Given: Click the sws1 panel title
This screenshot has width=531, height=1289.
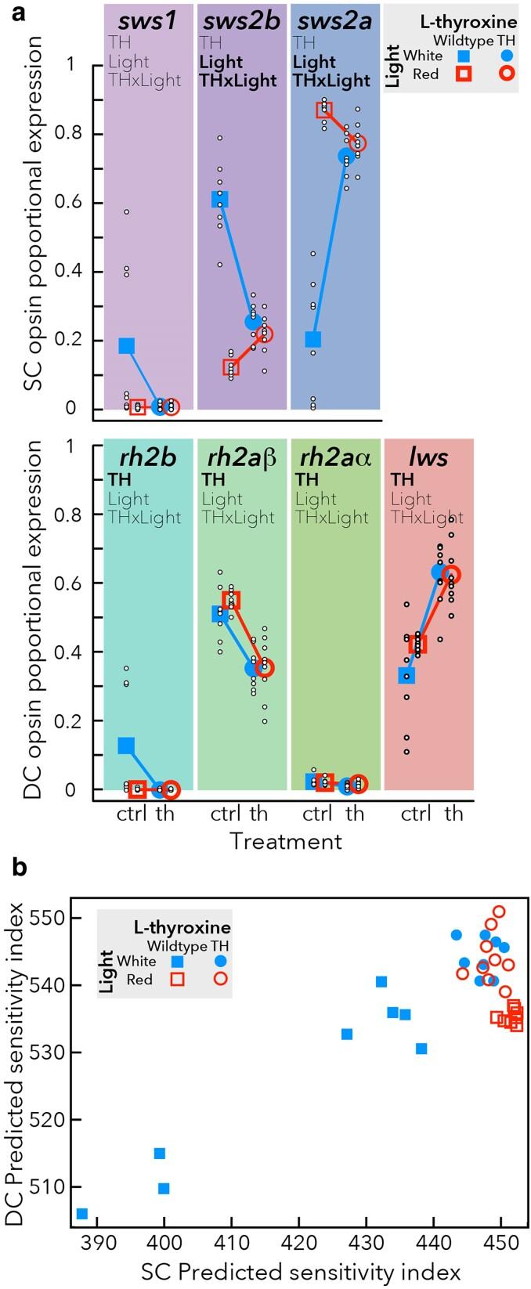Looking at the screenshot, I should pos(148,20).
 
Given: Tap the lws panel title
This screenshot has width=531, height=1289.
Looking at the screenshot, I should pos(428,457).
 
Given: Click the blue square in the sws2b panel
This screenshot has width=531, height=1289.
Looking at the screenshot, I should pos(220,200).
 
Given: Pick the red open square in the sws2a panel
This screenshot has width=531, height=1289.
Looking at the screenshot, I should pos(324,110).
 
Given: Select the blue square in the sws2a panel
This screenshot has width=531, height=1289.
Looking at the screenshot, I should pos(313,339).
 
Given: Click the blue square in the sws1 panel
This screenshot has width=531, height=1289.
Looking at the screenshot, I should pos(126,346).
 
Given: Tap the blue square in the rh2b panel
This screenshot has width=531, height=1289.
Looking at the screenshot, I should pos(126,746).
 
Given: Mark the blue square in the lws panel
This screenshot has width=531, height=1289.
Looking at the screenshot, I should pos(406,675).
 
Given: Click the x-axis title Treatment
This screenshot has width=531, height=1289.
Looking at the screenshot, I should pos(286,841).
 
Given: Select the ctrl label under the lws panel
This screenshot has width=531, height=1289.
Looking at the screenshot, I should pos(416,813).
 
